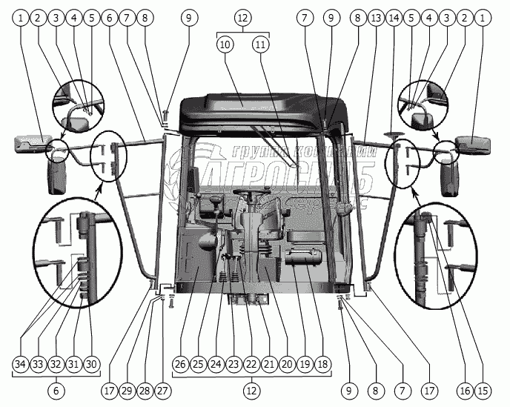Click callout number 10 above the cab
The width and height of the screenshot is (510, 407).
[x=225, y=45]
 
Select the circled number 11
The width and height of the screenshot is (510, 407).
[x=259, y=45]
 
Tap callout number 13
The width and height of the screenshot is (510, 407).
[x=376, y=17]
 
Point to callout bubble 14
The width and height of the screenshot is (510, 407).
[x=394, y=17]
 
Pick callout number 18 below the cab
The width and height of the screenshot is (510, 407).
[x=322, y=364]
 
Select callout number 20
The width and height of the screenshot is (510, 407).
[x=287, y=364]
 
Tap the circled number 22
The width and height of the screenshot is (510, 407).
[x=251, y=364]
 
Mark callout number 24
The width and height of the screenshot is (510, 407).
[x=216, y=364]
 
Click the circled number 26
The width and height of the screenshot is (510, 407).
[x=180, y=364]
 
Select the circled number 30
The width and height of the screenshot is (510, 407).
[x=92, y=364]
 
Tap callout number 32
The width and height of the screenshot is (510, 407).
[x=56, y=364]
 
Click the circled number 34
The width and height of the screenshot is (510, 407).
[x=21, y=364]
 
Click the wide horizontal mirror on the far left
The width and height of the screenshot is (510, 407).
[x=33, y=140]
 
